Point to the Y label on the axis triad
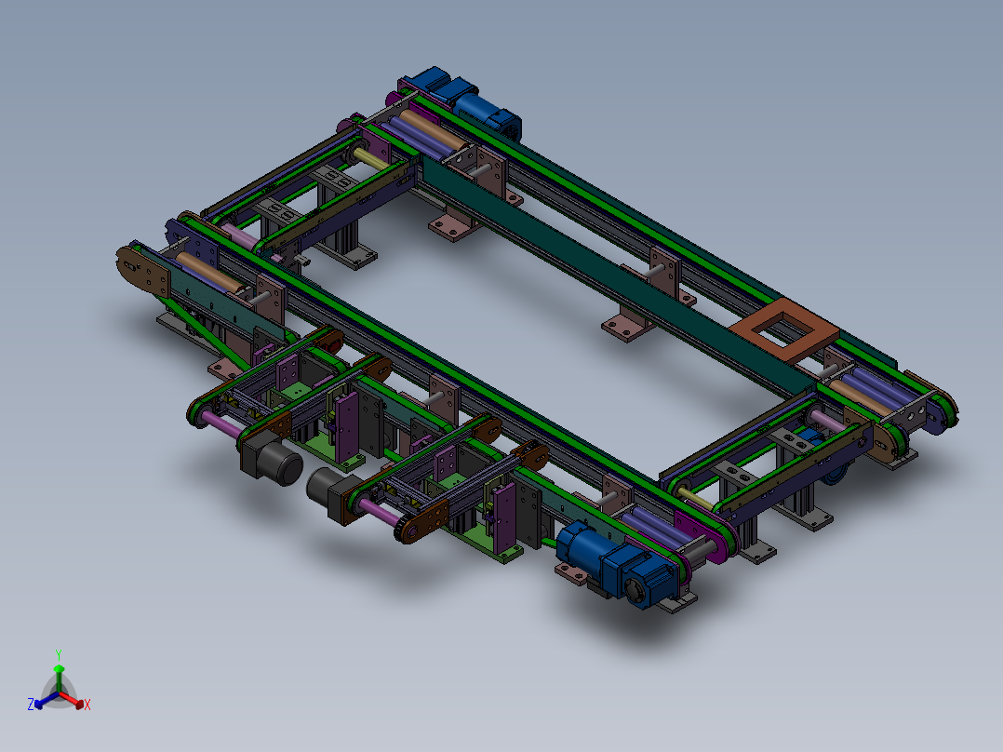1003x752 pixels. point(58,654)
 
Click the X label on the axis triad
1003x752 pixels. point(87,705)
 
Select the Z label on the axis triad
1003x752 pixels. point(30,705)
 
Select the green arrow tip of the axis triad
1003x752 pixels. point(58,668)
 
